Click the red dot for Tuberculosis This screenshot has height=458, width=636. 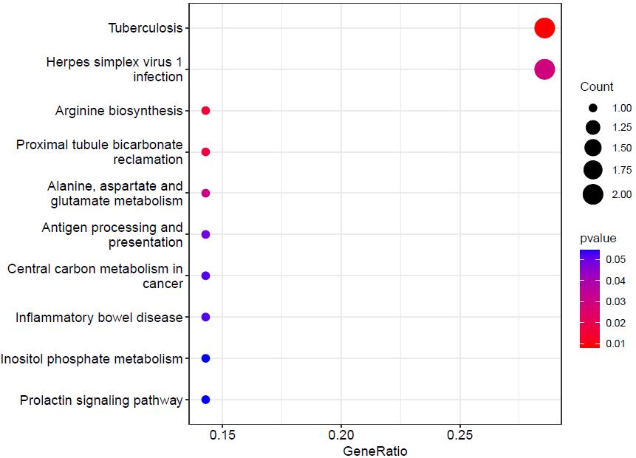pos(544,28)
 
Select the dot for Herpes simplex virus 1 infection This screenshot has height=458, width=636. pos(544,69)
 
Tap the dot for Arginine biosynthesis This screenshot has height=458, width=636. pos(206,111)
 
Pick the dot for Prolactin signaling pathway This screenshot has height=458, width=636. pos(206,400)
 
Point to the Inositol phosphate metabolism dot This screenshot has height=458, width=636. pos(206,358)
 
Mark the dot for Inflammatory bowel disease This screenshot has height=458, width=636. pos(206,317)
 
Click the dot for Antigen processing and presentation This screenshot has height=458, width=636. pos(206,234)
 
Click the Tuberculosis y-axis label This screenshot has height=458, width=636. pos(145,28)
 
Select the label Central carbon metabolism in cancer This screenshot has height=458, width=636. pos(95,276)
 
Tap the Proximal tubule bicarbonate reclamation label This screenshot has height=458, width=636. pos(100,151)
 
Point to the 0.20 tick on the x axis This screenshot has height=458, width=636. pos(341,436)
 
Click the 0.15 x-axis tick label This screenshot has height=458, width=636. pos(222,436)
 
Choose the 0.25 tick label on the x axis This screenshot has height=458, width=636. pos(460,436)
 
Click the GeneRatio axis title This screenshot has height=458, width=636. pos(375,451)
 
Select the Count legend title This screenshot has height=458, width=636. pos(597,87)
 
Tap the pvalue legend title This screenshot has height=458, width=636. pos(598,238)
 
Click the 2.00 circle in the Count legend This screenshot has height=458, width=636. pos(593,194)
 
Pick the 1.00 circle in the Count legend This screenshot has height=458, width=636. pos(593,108)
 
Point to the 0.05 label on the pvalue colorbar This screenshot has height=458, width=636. pos(615,259)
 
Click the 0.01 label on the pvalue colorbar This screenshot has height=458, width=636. pos(615,342)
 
